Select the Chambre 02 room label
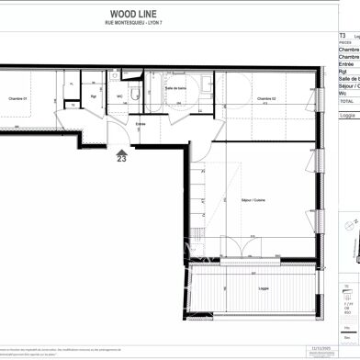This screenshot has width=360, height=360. [267, 98]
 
